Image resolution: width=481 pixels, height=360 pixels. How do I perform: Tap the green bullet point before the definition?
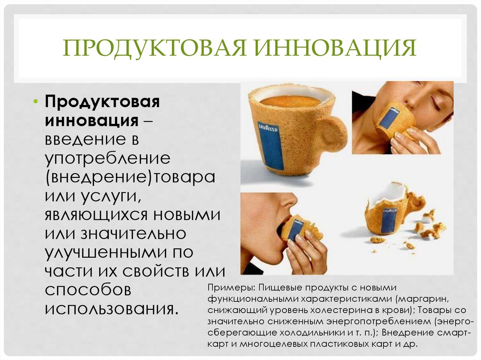coord(36,102)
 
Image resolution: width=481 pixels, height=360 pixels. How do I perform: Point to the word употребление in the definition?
coord(108,158)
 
